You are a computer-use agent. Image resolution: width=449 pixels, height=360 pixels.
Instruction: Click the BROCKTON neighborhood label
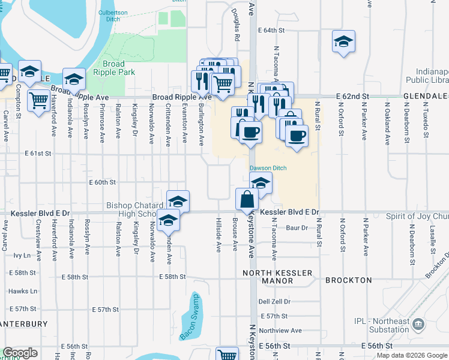(x=349, y=280)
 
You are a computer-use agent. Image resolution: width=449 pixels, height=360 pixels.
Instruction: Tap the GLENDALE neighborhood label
(x=426, y=96)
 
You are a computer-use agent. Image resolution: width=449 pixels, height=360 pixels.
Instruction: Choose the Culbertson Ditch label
(x=118, y=11)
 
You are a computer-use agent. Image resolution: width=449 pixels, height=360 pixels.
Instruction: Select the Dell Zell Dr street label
(x=274, y=302)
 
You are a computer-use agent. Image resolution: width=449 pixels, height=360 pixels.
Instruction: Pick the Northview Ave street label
(x=280, y=330)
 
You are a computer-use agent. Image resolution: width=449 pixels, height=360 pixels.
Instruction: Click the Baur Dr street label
(x=297, y=227)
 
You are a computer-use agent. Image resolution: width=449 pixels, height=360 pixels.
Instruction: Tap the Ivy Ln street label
(x=22, y=255)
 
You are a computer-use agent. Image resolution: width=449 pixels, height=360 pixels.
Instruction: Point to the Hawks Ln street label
(x=23, y=291)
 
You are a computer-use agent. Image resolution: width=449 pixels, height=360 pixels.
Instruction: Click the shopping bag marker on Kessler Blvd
(x=247, y=199)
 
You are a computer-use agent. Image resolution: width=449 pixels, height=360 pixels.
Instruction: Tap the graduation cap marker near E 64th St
(x=343, y=41)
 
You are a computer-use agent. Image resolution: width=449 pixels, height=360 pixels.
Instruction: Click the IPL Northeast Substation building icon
(x=418, y=325)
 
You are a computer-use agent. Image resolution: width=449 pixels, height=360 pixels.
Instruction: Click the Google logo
(x=20, y=353)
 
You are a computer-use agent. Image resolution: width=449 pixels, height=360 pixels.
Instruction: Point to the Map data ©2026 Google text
(x=411, y=355)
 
